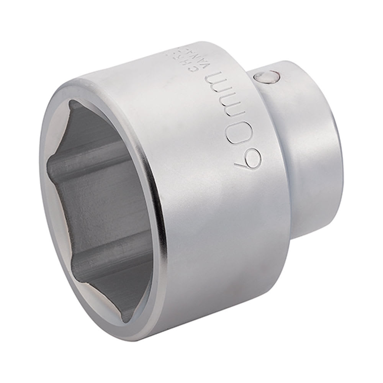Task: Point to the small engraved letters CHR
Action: (x=236, y=64)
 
